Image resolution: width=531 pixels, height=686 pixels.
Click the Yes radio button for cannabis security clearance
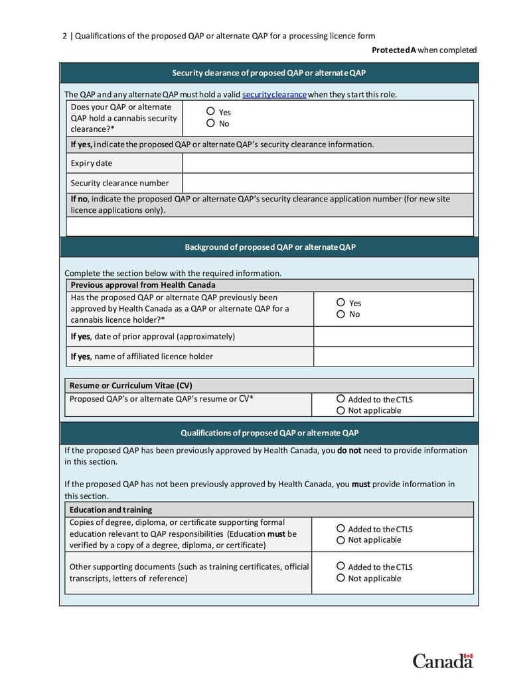[211, 112]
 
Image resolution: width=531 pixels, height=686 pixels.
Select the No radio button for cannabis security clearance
[211, 123]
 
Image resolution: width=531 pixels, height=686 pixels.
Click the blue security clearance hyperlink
[274, 94]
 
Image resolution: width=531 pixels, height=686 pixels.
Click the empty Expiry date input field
[327, 163]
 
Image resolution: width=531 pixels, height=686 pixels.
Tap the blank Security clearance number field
[327, 183]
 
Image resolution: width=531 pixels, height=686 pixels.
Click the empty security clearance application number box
[269, 227]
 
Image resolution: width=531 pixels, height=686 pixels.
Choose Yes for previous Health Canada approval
[341, 303]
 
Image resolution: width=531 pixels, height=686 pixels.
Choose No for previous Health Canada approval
[341, 314]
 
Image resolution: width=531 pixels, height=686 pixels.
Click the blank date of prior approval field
[393, 336]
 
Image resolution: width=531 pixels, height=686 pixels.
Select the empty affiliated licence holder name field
[393, 357]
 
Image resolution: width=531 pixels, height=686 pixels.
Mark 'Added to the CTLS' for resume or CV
[341, 399]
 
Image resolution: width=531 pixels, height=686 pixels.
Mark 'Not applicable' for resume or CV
[341, 410]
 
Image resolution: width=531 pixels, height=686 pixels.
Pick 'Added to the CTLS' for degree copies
[341, 529]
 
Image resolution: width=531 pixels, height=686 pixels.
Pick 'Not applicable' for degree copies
[341, 540]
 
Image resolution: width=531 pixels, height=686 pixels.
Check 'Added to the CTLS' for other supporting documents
[341, 567]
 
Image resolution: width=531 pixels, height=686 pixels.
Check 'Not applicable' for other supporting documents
[341, 578]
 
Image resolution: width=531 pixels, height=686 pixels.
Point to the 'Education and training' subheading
[111, 510]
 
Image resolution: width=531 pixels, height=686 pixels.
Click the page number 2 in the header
[64, 36]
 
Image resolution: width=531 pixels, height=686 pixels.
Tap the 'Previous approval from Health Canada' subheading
[143, 285]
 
